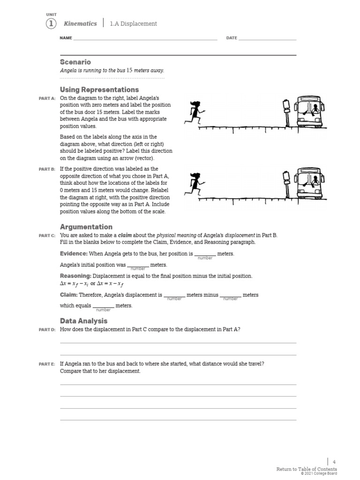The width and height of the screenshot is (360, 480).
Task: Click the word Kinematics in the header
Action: point(80,23)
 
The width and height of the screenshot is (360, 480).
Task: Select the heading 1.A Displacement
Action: point(133,24)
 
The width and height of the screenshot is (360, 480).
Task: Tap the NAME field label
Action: point(66,38)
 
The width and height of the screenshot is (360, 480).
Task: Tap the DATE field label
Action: point(232,38)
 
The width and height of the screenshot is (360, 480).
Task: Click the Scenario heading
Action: point(75,62)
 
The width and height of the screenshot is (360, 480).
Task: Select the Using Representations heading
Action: point(99,90)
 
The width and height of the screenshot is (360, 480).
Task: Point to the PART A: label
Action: point(47,98)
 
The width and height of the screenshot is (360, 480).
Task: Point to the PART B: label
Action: point(47,169)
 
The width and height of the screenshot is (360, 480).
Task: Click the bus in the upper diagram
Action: point(309,112)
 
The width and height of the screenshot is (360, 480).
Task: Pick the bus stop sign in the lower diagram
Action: point(286,183)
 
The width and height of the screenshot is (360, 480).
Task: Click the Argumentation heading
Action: point(86,227)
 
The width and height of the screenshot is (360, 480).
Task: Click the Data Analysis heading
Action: point(83,321)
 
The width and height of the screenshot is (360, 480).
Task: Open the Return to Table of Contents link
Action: point(306,469)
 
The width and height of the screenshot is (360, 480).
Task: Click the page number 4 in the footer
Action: point(334,462)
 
